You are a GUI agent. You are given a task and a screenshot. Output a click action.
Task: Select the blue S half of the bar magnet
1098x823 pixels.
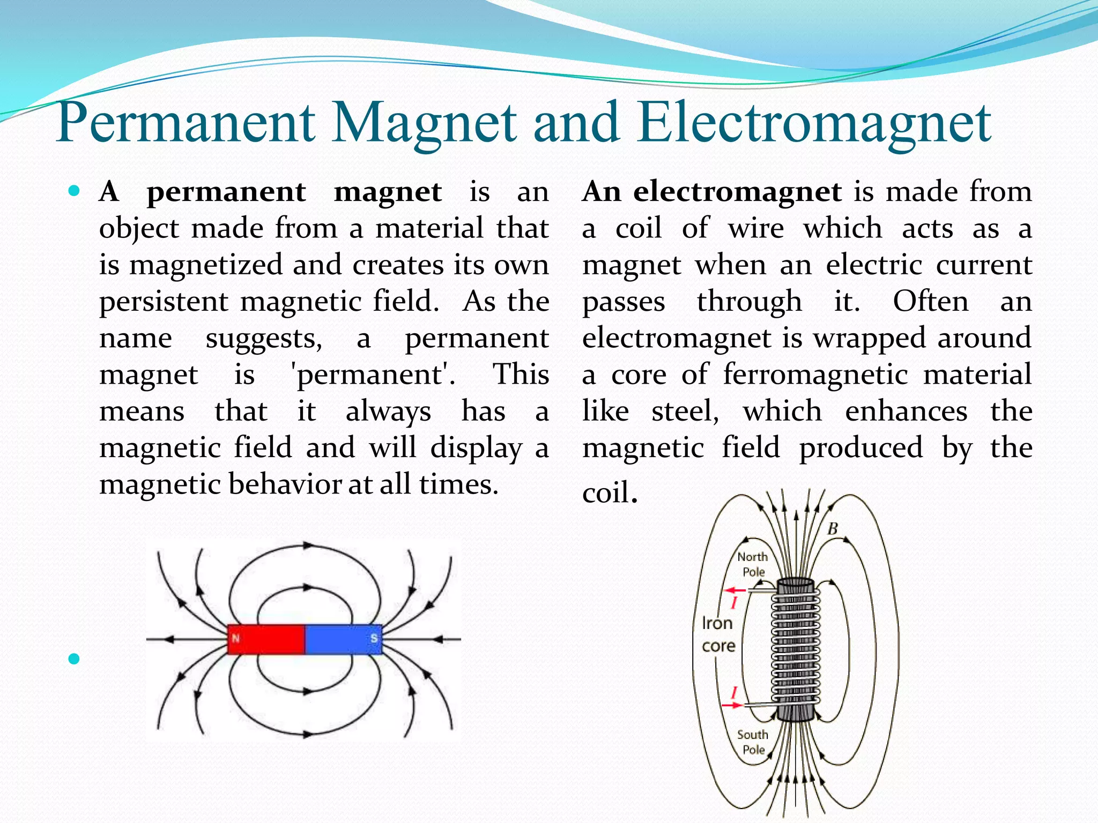(x=343, y=639)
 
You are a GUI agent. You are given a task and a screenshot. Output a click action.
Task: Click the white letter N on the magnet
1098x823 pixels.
(x=235, y=639)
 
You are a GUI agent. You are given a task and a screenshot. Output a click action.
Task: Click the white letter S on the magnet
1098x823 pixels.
(x=374, y=639)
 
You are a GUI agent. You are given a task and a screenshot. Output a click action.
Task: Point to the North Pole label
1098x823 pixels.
(x=753, y=564)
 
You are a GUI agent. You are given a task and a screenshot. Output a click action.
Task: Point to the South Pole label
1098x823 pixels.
(x=753, y=742)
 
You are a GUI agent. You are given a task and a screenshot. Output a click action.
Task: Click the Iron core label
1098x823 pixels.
(x=718, y=634)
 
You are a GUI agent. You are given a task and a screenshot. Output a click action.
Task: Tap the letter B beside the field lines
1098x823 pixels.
(x=832, y=529)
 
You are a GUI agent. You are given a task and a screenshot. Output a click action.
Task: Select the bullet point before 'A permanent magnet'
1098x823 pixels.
(x=75, y=190)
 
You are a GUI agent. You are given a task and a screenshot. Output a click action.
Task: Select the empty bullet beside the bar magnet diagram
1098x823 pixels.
(x=74, y=659)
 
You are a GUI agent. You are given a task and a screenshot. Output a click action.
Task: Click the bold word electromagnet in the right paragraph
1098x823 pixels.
(x=737, y=191)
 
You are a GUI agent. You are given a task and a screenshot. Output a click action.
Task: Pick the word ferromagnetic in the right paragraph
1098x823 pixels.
(x=815, y=374)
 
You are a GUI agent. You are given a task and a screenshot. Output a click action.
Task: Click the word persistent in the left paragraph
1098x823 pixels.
(x=164, y=302)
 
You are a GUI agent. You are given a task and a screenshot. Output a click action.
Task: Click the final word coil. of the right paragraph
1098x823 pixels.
(x=610, y=492)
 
